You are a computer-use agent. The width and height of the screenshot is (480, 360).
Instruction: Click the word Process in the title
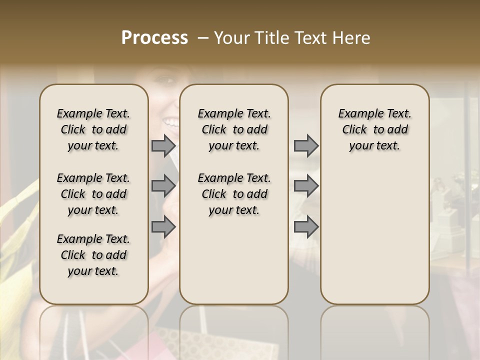(x=154, y=38)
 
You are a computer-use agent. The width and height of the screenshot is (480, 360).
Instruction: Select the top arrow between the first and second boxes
(x=163, y=146)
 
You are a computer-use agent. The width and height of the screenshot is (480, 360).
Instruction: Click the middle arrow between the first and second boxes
(x=163, y=186)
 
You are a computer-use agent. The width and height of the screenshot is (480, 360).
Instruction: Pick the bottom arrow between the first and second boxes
(x=163, y=226)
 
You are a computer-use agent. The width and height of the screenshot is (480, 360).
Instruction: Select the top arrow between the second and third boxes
(x=306, y=146)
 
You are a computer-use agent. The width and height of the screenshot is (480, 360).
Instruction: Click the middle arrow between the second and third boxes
(x=306, y=186)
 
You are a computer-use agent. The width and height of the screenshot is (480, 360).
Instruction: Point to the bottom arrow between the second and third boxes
(x=306, y=226)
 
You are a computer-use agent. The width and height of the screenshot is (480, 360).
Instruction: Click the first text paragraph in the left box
(x=93, y=129)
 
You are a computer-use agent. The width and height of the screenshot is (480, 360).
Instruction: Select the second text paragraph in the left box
(x=93, y=194)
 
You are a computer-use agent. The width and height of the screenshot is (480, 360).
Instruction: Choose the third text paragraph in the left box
(x=93, y=255)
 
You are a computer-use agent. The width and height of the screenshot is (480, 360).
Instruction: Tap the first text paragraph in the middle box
(x=234, y=129)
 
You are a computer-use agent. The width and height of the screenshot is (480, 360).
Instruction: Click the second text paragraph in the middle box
(x=234, y=194)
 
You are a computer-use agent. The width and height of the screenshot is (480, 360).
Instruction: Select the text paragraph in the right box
(x=375, y=129)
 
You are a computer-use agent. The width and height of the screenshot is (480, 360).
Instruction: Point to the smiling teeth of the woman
(x=171, y=121)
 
